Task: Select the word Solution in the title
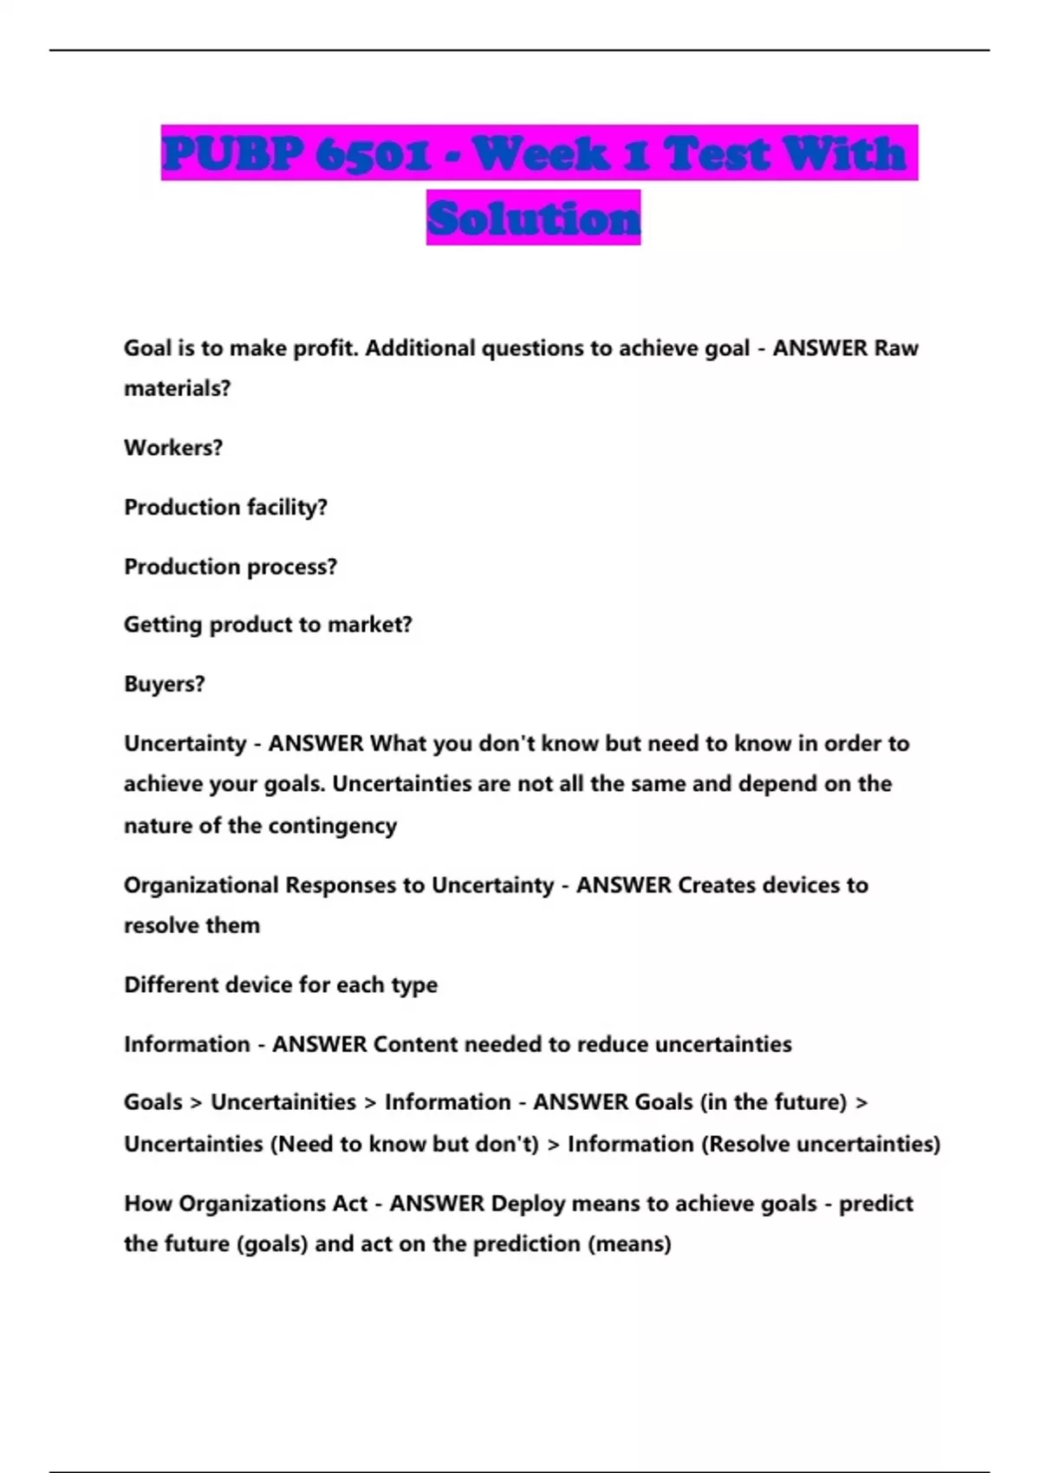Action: point(533,218)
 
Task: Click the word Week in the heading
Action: point(541,154)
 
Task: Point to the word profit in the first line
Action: point(327,348)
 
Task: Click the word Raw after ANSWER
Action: point(896,348)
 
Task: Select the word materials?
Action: point(177,389)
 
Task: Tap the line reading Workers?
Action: point(173,448)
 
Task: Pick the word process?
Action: point(292,567)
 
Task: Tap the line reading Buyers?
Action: point(165,685)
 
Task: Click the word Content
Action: point(413,1044)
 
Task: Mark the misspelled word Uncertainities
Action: point(283,1102)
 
